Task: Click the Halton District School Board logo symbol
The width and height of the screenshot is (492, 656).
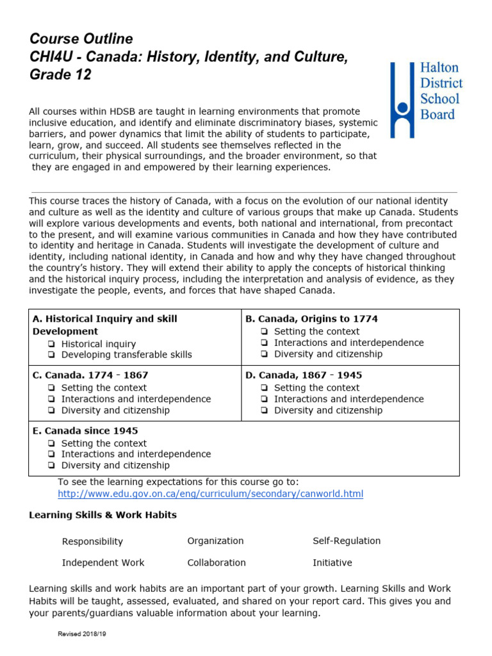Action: coord(402,100)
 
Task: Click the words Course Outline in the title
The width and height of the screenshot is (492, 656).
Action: coord(81,39)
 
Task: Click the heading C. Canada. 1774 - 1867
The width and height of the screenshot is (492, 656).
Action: coord(90,375)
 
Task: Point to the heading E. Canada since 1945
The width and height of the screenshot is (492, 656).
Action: coord(85,430)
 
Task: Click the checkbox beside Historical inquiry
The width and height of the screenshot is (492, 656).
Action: coord(51,344)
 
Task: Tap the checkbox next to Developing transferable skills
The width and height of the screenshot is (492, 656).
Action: coord(51,355)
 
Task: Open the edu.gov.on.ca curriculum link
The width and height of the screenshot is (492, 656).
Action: coord(210,494)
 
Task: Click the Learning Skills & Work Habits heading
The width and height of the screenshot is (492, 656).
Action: coord(103,515)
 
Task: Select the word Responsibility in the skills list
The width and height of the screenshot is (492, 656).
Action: coord(92,542)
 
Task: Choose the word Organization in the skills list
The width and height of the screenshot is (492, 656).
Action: coord(215,541)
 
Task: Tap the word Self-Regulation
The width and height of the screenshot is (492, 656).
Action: coord(347,541)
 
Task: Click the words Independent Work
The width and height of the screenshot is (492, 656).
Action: coord(103,562)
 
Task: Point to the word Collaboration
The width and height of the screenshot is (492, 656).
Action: coord(217,562)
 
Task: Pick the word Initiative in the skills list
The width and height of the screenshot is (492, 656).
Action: coord(332,562)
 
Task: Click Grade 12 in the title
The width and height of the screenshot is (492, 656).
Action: coord(60,76)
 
